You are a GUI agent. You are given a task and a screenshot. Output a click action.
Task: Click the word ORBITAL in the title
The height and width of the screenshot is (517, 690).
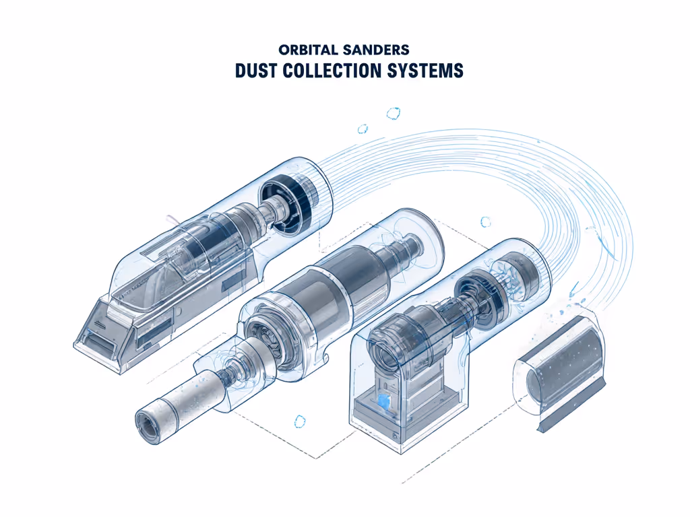point(307,50)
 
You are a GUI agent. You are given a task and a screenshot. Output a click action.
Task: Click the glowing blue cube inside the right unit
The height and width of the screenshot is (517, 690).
point(385,402)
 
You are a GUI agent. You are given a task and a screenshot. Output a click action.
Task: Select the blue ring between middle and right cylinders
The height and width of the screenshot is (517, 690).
point(484,221)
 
